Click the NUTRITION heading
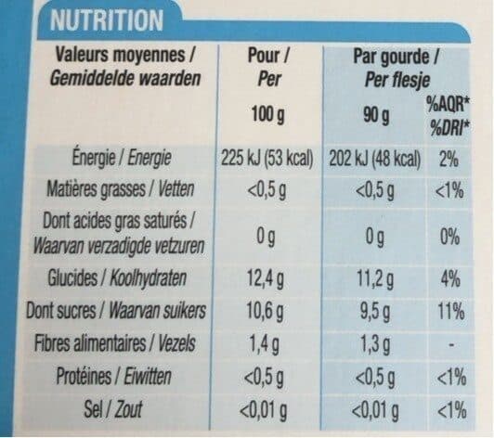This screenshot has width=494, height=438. coord(107,20)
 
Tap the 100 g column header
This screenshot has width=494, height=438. coord(267,114)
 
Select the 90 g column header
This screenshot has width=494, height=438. coord(376,116)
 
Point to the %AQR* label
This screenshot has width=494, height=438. coord(448,105)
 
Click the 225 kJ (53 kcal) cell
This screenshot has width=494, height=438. coord(266,159)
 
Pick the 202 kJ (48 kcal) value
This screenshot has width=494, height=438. coord(375,159)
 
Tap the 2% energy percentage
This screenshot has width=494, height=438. coord(448,159)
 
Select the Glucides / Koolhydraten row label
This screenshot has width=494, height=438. coord(117,278)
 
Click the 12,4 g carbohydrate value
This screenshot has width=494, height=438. coord(265,279)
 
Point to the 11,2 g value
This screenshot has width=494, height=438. coord(375,279)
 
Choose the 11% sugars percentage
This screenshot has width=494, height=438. coord(451,312)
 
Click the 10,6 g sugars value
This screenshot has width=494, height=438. coord(265,312)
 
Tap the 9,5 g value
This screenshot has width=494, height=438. coord(375,312)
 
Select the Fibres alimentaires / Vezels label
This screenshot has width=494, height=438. coord(115,343)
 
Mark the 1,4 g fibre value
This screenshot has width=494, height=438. coord(264,344)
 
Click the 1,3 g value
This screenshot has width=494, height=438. coord(375,345)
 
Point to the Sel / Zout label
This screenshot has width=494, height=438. coord(113,409)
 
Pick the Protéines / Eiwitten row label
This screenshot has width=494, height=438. coord(113,376)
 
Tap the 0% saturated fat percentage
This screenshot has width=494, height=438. coord(449,237)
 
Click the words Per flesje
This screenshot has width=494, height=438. coord(397,80)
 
